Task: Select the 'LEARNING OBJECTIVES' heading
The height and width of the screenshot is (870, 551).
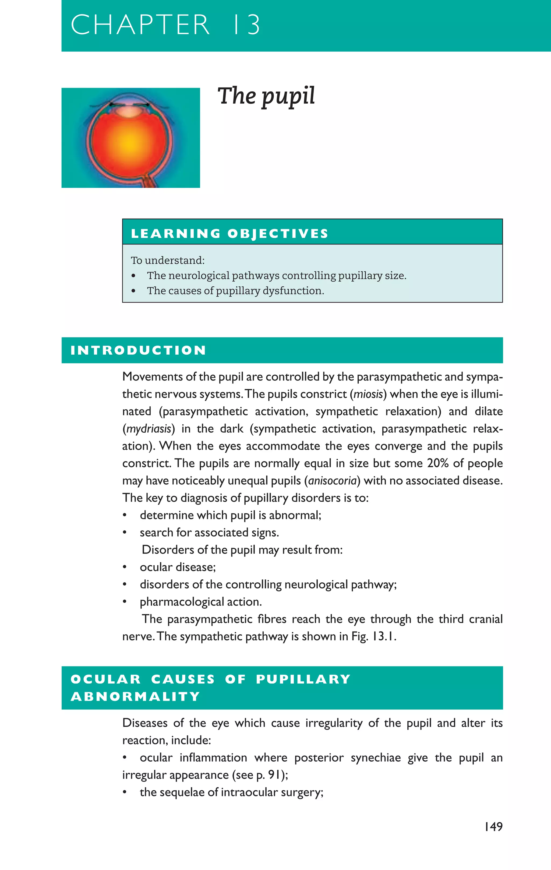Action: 229,234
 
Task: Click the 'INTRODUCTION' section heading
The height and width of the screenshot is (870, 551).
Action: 138,350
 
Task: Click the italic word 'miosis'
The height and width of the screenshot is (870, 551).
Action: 368,394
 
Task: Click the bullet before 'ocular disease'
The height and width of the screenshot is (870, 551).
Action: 125,568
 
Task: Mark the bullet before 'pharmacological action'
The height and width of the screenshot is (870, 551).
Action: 125,602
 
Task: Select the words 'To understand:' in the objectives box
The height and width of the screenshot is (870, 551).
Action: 168,260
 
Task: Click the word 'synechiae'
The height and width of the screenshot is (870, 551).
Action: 376,758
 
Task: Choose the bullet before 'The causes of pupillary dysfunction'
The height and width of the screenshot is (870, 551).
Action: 134,291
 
